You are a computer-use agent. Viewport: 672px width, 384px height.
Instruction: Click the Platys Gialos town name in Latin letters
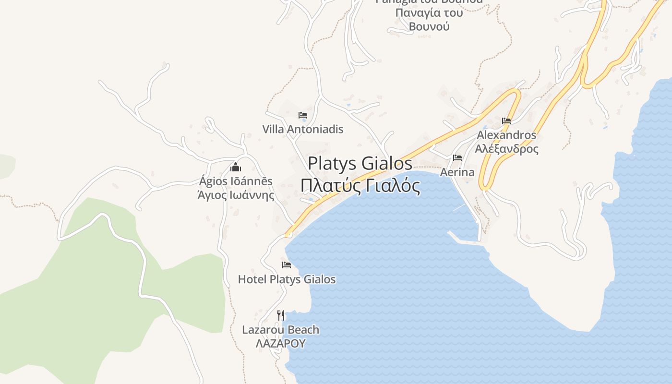pos(360,164)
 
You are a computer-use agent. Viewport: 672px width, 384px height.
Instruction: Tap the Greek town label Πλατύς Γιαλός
pos(360,185)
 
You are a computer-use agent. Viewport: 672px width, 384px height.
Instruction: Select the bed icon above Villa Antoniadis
pos(303,115)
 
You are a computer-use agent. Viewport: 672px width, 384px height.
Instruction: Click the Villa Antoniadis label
pos(303,129)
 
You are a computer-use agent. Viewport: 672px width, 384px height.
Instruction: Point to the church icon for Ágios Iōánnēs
pos(235,167)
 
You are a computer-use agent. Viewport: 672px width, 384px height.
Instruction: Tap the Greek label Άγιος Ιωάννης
pos(236,195)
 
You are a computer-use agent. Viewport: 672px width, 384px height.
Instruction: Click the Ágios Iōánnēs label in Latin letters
pos(236,181)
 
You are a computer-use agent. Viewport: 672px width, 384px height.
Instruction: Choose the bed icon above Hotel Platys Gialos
pos(287,265)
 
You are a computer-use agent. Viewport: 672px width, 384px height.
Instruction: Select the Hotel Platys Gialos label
pos(287,279)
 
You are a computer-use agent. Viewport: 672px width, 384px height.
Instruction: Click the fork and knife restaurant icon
pos(281,315)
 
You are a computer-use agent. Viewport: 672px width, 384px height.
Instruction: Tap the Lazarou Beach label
pos(280,330)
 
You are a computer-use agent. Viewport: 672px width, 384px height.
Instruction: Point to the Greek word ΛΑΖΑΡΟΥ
pos(280,343)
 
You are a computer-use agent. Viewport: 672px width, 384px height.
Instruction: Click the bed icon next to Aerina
pos(457,158)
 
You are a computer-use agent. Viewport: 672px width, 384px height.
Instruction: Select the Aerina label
pos(457,172)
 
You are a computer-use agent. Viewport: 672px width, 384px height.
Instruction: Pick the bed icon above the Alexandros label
pos(506,121)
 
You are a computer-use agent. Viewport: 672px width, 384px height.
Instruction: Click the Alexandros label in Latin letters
pos(506,135)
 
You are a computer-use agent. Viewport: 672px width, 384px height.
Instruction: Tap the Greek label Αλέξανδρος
pos(506,148)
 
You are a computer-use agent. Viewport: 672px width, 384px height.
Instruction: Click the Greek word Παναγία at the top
pos(414,12)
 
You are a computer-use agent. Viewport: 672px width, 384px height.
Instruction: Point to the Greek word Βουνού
pos(429,26)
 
